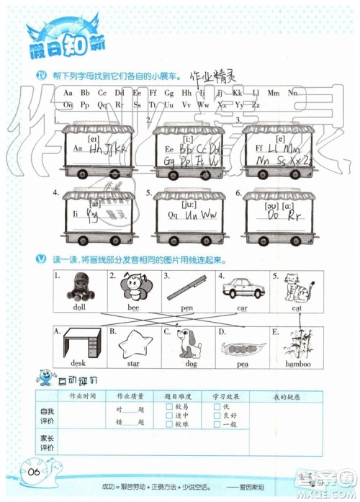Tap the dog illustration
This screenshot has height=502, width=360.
(189, 343)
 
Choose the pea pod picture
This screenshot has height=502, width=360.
(243, 348)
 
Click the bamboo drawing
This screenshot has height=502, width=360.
(297, 344)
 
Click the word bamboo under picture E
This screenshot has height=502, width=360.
(297, 364)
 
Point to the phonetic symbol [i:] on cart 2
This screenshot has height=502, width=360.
(188, 138)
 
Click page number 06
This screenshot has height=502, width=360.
(36, 472)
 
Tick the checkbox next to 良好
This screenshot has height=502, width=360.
(217, 416)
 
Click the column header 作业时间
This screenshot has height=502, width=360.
(82, 396)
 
